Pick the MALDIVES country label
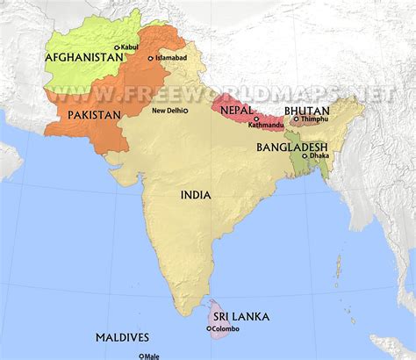122,337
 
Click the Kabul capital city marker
116,47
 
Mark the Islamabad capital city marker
151,58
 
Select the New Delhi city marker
185,111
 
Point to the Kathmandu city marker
255,119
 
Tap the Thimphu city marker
297,119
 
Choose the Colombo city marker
209,329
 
